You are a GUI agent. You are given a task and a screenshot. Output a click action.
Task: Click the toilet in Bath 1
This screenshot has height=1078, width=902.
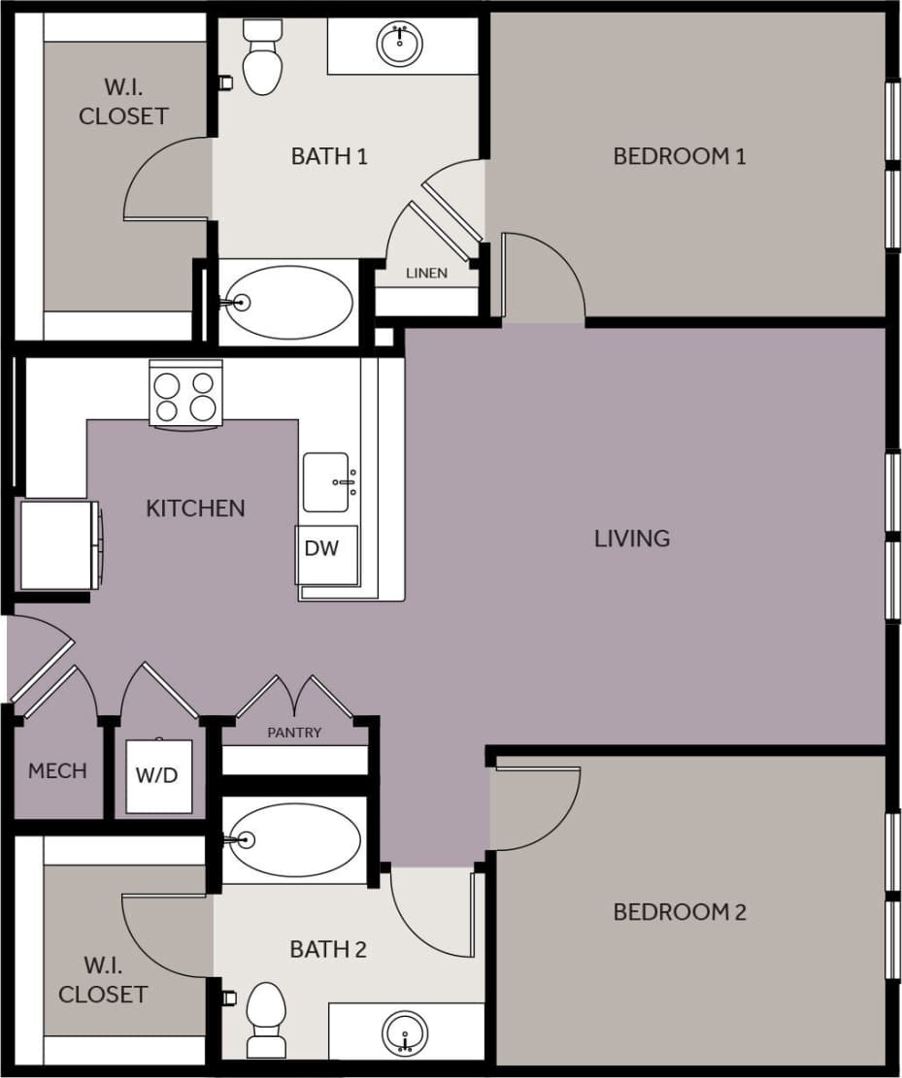(x=261, y=60)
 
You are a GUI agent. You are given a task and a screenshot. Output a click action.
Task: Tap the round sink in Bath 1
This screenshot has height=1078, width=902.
(x=399, y=44)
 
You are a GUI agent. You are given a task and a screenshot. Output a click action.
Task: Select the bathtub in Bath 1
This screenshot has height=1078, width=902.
(x=291, y=303)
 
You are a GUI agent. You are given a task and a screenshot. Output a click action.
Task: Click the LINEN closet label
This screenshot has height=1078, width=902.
(x=426, y=274)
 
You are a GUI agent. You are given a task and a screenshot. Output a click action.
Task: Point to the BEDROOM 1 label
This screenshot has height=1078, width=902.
(x=679, y=156)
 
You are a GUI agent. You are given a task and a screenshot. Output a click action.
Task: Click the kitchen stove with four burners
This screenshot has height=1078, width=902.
(x=185, y=393)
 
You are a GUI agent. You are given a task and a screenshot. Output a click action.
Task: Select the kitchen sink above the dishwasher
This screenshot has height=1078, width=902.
(x=326, y=481)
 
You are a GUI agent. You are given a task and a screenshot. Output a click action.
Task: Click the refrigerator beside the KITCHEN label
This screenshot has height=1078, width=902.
(x=58, y=544)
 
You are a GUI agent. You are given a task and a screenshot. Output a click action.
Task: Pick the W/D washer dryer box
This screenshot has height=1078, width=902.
(x=156, y=776)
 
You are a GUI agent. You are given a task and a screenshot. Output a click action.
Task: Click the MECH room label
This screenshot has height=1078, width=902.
(x=57, y=771)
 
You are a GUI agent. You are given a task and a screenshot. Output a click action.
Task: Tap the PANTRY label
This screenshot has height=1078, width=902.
(x=294, y=733)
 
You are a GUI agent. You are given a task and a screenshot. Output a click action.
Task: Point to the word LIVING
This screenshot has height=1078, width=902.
(x=632, y=539)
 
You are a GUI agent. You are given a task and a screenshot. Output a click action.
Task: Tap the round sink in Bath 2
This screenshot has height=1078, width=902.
(x=404, y=1033)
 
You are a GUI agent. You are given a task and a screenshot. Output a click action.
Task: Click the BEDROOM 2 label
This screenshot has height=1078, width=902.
(x=679, y=912)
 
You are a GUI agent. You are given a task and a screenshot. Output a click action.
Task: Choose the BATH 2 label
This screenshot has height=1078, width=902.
(x=328, y=949)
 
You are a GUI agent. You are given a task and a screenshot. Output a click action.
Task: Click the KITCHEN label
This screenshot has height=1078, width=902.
(x=195, y=508)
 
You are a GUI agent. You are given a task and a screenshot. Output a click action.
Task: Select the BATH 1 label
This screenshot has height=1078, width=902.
(x=329, y=156)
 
